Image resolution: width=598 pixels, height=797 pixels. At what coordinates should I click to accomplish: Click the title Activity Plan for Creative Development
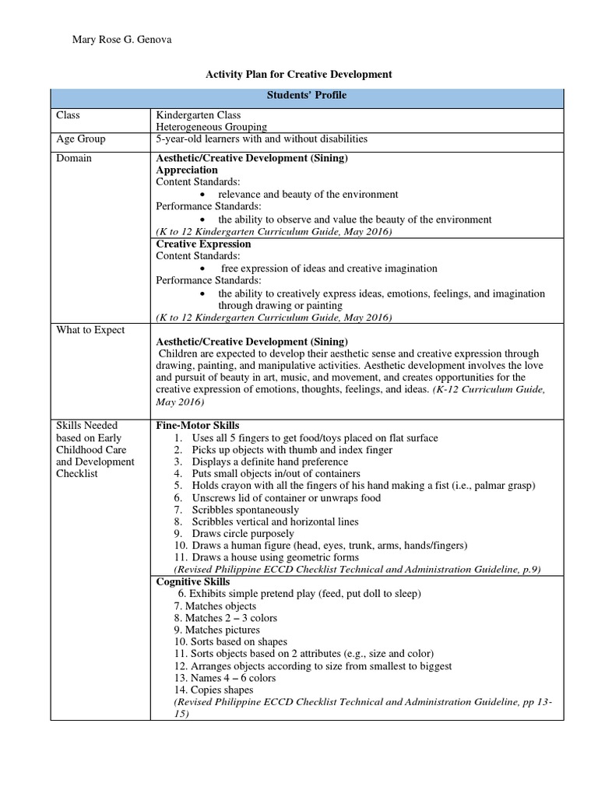(x=298, y=74)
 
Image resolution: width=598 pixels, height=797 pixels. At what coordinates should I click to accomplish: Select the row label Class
(x=68, y=115)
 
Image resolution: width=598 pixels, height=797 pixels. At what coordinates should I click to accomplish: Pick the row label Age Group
(x=80, y=139)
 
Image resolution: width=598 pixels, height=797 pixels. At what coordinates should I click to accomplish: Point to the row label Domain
(x=73, y=158)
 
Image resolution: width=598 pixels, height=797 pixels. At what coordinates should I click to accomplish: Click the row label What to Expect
(x=90, y=330)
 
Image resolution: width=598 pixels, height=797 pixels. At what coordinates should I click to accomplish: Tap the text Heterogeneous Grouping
(x=211, y=127)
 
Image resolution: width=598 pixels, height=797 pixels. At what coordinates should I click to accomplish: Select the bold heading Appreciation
(x=187, y=170)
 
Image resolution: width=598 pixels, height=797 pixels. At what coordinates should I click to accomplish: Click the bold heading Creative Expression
(x=203, y=244)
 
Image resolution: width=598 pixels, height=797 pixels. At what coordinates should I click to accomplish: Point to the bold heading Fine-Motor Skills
(x=198, y=426)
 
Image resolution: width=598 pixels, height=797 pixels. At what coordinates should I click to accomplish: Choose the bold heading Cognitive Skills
(x=192, y=581)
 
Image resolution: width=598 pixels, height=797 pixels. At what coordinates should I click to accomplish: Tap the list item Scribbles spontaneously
(x=248, y=510)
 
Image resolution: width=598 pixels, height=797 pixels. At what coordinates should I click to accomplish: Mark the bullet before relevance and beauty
(x=202, y=195)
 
